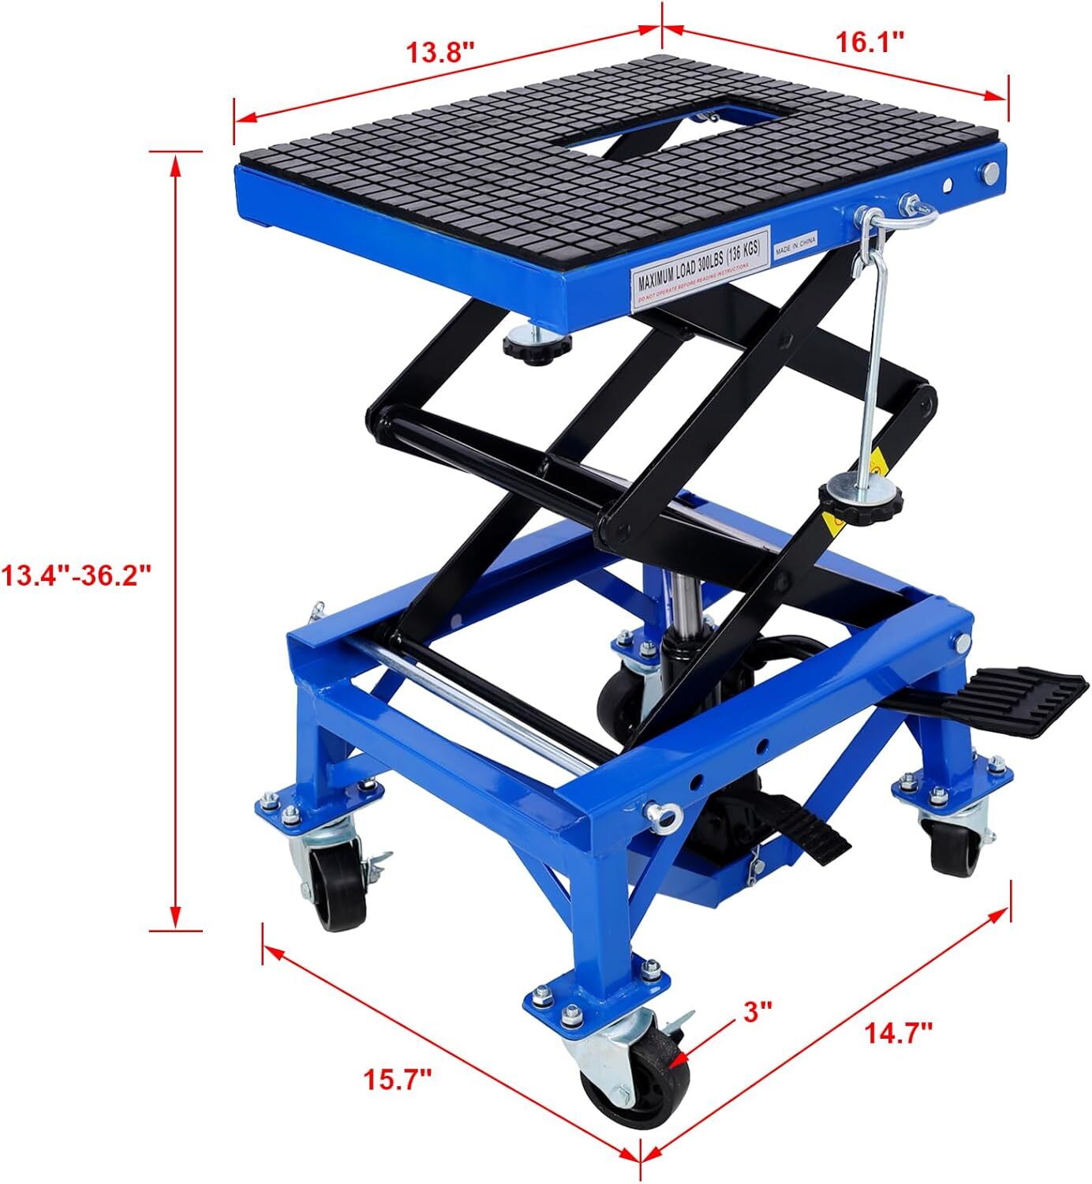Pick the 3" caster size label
(756, 1011)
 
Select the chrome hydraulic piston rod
(680, 601)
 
